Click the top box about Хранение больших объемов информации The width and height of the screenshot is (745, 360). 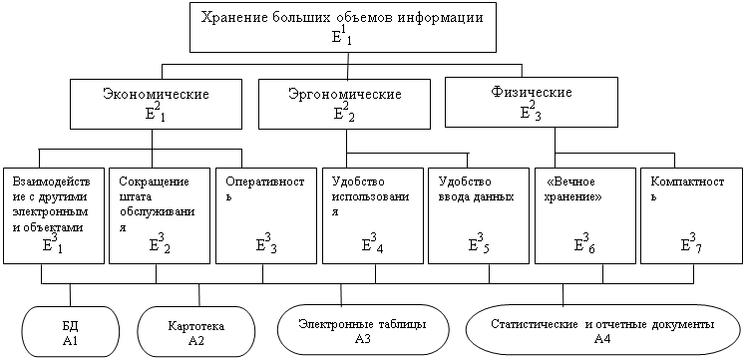348,27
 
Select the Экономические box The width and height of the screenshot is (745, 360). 155,105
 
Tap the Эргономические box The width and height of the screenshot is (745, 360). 344,104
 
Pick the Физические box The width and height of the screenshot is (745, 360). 532,102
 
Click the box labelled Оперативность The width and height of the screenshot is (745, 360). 265,215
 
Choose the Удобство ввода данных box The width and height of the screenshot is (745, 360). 479,215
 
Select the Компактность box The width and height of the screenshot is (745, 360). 691,215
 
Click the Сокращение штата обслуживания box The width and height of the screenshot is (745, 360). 160,215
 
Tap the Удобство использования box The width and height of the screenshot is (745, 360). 372,215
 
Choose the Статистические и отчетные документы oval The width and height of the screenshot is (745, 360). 603,331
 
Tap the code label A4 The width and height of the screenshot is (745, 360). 603,339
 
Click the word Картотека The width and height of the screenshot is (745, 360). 196,327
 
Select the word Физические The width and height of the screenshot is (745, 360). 532,92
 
